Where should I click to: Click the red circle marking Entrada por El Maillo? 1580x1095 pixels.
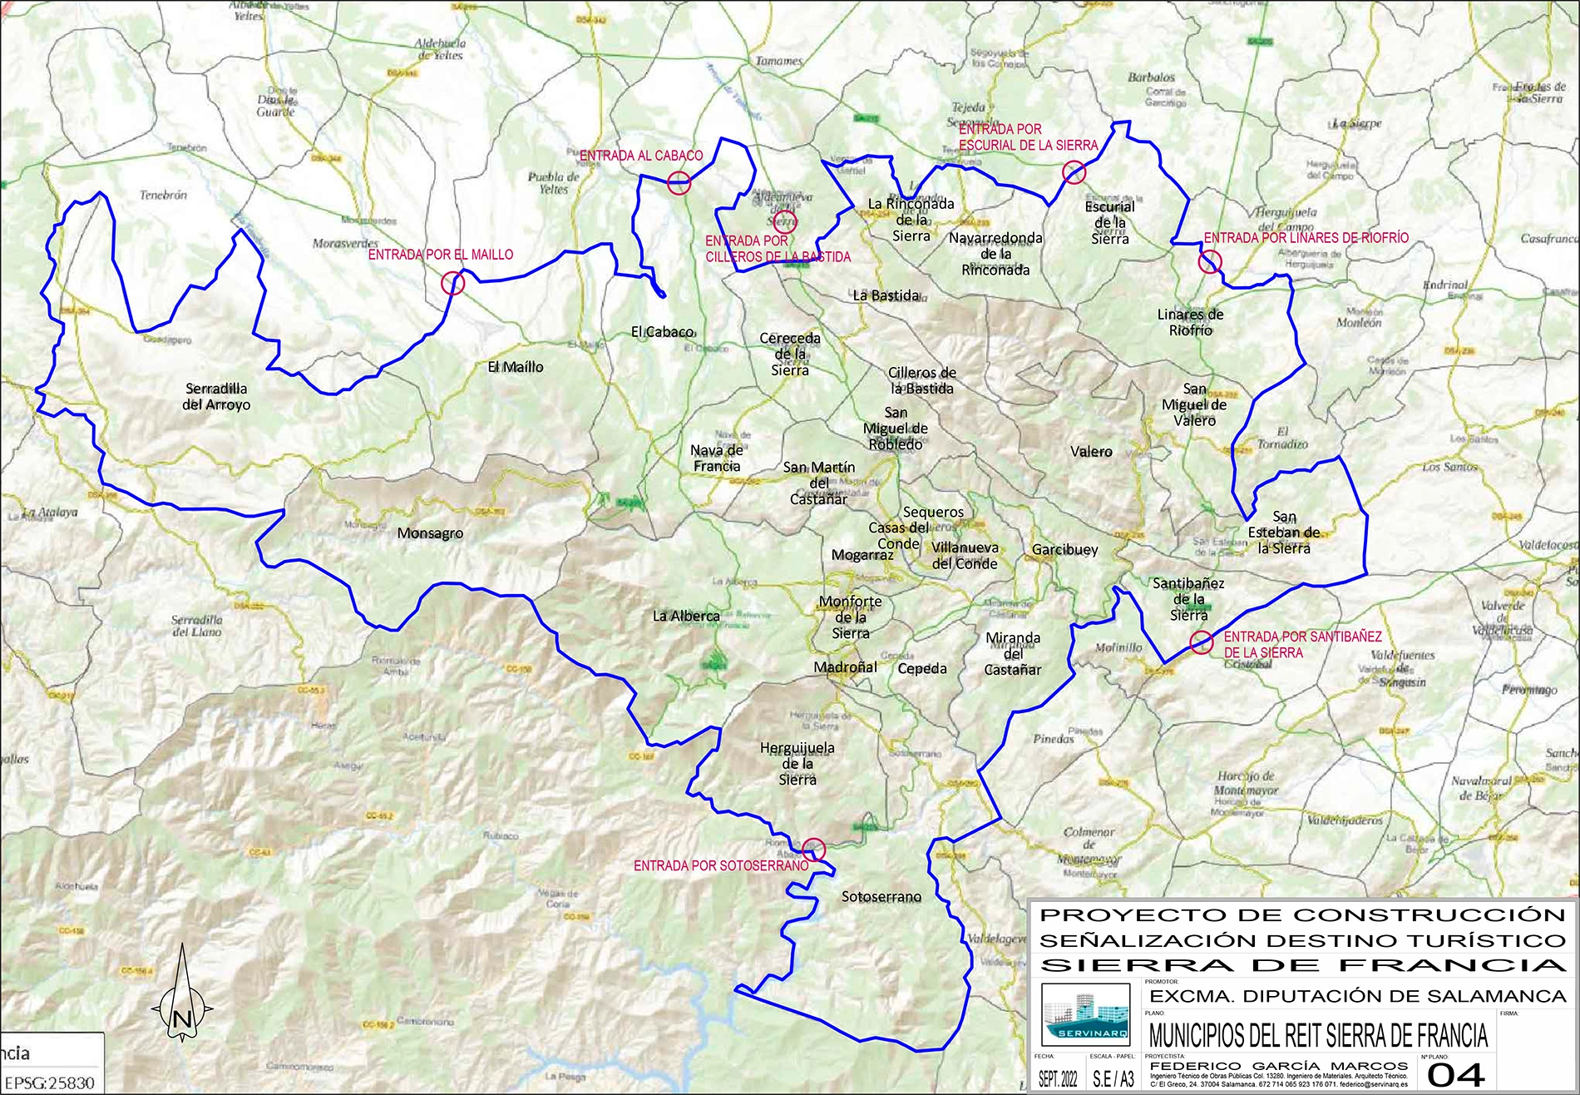[x=452, y=283]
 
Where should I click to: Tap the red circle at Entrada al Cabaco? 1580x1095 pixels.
[x=679, y=183]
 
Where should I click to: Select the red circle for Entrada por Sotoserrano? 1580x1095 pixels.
[x=813, y=849]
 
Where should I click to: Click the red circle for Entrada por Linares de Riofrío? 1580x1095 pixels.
[x=1210, y=262]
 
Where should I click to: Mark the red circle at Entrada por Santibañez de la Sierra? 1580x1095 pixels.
[x=1201, y=642]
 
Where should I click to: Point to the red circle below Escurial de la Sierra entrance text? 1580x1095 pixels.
[x=1074, y=172]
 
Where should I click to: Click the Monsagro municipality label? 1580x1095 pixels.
[x=430, y=533]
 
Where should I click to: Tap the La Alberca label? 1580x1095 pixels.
[x=686, y=616]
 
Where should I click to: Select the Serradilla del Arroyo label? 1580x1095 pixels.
[x=216, y=397]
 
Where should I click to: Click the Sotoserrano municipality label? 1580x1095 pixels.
[x=881, y=897]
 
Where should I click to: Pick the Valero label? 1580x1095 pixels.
[x=1091, y=452]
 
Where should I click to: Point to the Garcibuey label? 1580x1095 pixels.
[x=1064, y=550]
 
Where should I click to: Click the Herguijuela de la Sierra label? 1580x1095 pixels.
[x=797, y=763]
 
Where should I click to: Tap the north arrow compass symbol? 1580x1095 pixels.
[x=182, y=998]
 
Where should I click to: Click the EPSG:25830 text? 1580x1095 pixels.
[x=49, y=1083]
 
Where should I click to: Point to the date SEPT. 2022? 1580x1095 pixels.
[x=1058, y=1079]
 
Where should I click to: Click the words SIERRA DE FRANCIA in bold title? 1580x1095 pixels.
[x=1302, y=965]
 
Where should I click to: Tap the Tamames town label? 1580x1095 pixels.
[x=778, y=61]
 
